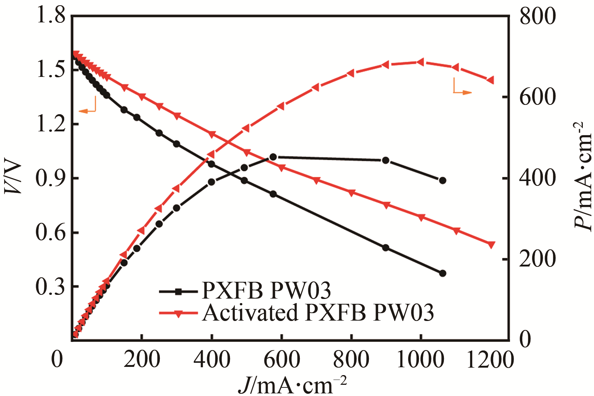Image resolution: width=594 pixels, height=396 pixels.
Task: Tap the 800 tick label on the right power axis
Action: [x=538, y=16]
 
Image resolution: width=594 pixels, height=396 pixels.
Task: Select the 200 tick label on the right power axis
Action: [x=538, y=259]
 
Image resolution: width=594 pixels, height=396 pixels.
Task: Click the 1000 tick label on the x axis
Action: [x=420, y=359]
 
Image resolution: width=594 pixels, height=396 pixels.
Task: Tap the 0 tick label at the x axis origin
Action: [x=57, y=359]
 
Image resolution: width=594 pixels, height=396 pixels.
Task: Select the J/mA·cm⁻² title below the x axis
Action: [x=293, y=384]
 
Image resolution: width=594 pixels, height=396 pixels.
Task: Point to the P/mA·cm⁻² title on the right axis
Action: [x=583, y=176]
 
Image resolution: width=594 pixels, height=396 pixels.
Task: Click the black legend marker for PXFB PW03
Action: [x=178, y=291]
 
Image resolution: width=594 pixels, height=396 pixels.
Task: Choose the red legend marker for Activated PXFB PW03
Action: [x=178, y=313]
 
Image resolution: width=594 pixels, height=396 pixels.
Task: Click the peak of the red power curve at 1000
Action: [x=421, y=62]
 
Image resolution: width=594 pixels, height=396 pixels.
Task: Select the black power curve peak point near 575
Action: [x=273, y=157]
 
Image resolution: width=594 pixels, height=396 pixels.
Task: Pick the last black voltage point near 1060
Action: [x=442, y=273]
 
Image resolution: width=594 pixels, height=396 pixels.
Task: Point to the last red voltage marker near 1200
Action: [x=491, y=244]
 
